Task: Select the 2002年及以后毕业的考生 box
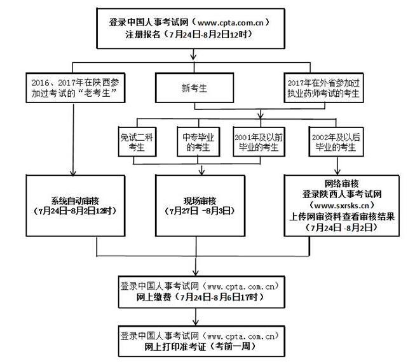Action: pyautogui.click(x=335, y=141)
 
